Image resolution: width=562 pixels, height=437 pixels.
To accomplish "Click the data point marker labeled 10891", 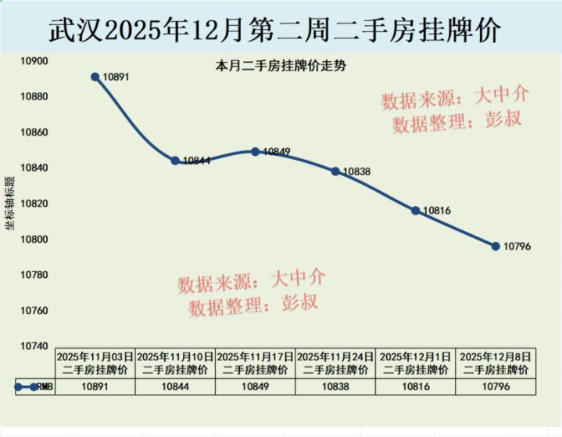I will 95,77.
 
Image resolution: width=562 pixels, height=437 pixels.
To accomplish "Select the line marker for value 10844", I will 175,161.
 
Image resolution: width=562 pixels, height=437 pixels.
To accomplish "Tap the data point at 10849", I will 256,151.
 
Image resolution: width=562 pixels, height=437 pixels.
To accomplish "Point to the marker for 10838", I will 335,171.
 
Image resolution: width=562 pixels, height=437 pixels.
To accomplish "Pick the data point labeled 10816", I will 416,211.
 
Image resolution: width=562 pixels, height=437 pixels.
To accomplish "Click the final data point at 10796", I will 496,246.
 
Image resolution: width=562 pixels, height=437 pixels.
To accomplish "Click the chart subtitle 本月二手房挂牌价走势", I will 281,67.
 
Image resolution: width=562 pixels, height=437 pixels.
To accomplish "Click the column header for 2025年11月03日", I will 95,363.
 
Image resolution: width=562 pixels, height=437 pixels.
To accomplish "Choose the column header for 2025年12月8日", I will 496,363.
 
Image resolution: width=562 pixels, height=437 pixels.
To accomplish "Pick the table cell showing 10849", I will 256,386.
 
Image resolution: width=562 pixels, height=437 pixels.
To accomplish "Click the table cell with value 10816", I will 416,386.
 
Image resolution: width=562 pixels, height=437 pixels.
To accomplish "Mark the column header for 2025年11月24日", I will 335,363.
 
